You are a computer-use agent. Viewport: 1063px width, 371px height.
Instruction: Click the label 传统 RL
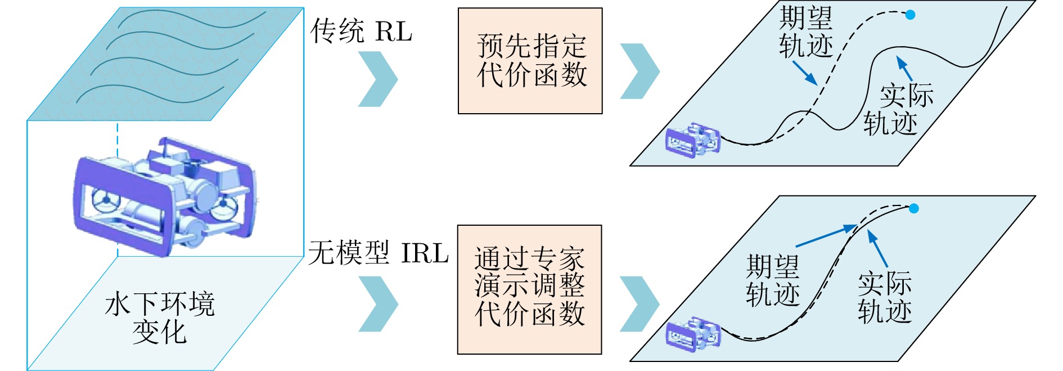(361, 31)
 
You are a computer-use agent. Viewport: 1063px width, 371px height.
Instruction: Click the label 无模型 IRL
(378, 253)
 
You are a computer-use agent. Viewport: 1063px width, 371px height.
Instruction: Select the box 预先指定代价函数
(530, 61)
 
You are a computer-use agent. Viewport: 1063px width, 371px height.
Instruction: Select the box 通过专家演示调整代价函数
(529, 289)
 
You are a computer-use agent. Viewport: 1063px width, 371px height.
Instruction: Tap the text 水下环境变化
(160, 318)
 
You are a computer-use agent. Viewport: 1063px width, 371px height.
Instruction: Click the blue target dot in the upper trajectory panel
(910, 15)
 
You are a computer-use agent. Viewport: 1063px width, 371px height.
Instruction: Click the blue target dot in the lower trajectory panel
(914, 209)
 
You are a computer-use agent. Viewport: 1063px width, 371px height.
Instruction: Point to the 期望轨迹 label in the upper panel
(805, 32)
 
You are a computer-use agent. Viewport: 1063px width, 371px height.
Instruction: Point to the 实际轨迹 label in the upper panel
(898, 110)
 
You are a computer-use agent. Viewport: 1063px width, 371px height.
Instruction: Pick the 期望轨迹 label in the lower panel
(773, 280)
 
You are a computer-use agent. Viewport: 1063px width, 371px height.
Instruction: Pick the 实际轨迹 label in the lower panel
(885, 297)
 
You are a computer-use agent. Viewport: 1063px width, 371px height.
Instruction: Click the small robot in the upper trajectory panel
(692, 140)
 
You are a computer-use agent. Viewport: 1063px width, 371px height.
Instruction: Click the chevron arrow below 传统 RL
(378, 79)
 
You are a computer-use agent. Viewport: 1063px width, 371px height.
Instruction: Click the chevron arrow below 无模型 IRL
(378, 304)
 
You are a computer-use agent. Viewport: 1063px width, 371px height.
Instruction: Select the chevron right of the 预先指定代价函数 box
(639, 71)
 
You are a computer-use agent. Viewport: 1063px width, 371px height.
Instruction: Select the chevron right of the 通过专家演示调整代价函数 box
(639, 304)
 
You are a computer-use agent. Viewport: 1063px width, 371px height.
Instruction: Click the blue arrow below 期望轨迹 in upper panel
(805, 73)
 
